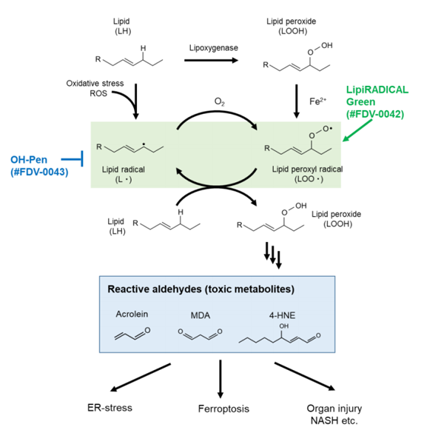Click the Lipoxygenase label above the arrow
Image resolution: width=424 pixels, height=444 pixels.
pyautogui.click(x=214, y=48)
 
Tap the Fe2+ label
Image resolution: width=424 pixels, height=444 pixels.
pyautogui.click(x=317, y=101)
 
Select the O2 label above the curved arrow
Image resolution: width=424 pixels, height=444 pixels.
pyautogui.click(x=220, y=101)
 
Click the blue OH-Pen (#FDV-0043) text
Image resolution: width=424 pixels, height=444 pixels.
pyautogui.click(x=39, y=166)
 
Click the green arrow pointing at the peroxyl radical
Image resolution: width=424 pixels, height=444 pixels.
pyautogui.click(x=357, y=130)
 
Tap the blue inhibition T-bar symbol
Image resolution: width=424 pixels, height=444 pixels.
pyautogui.click(x=73, y=159)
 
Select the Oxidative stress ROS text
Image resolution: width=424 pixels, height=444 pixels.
pyautogui.click(x=95, y=88)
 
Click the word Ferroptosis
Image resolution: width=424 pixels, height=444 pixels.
pyautogui.click(x=223, y=408)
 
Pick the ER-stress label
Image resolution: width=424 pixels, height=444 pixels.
pyautogui.click(x=110, y=408)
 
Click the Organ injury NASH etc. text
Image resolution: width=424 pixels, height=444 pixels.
pyautogui.click(x=334, y=414)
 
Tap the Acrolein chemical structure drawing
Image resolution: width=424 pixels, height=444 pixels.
pyautogui.click(x=132, y=334)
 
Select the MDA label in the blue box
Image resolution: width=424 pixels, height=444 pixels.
pyautogui.click(x=201, y=315)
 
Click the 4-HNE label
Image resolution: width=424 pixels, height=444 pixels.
pyautogui.click(x=282, y=315)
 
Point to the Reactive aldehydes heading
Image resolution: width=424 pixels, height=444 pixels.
pyautogui.click(x=201, y=289)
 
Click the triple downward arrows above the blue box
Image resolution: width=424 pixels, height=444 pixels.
pyautogui.click(x=273, y=255)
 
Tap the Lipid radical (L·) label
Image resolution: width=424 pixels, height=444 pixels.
pyautogui.click(x=124, y=174)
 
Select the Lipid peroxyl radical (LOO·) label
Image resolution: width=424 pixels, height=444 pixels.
pyautogui.click(x=308, y=174)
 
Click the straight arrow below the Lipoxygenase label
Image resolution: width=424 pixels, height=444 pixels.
pyautogui.click(x=212, y=61)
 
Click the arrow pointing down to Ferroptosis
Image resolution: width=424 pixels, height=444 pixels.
pyautogui.click(x=221, y=379)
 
